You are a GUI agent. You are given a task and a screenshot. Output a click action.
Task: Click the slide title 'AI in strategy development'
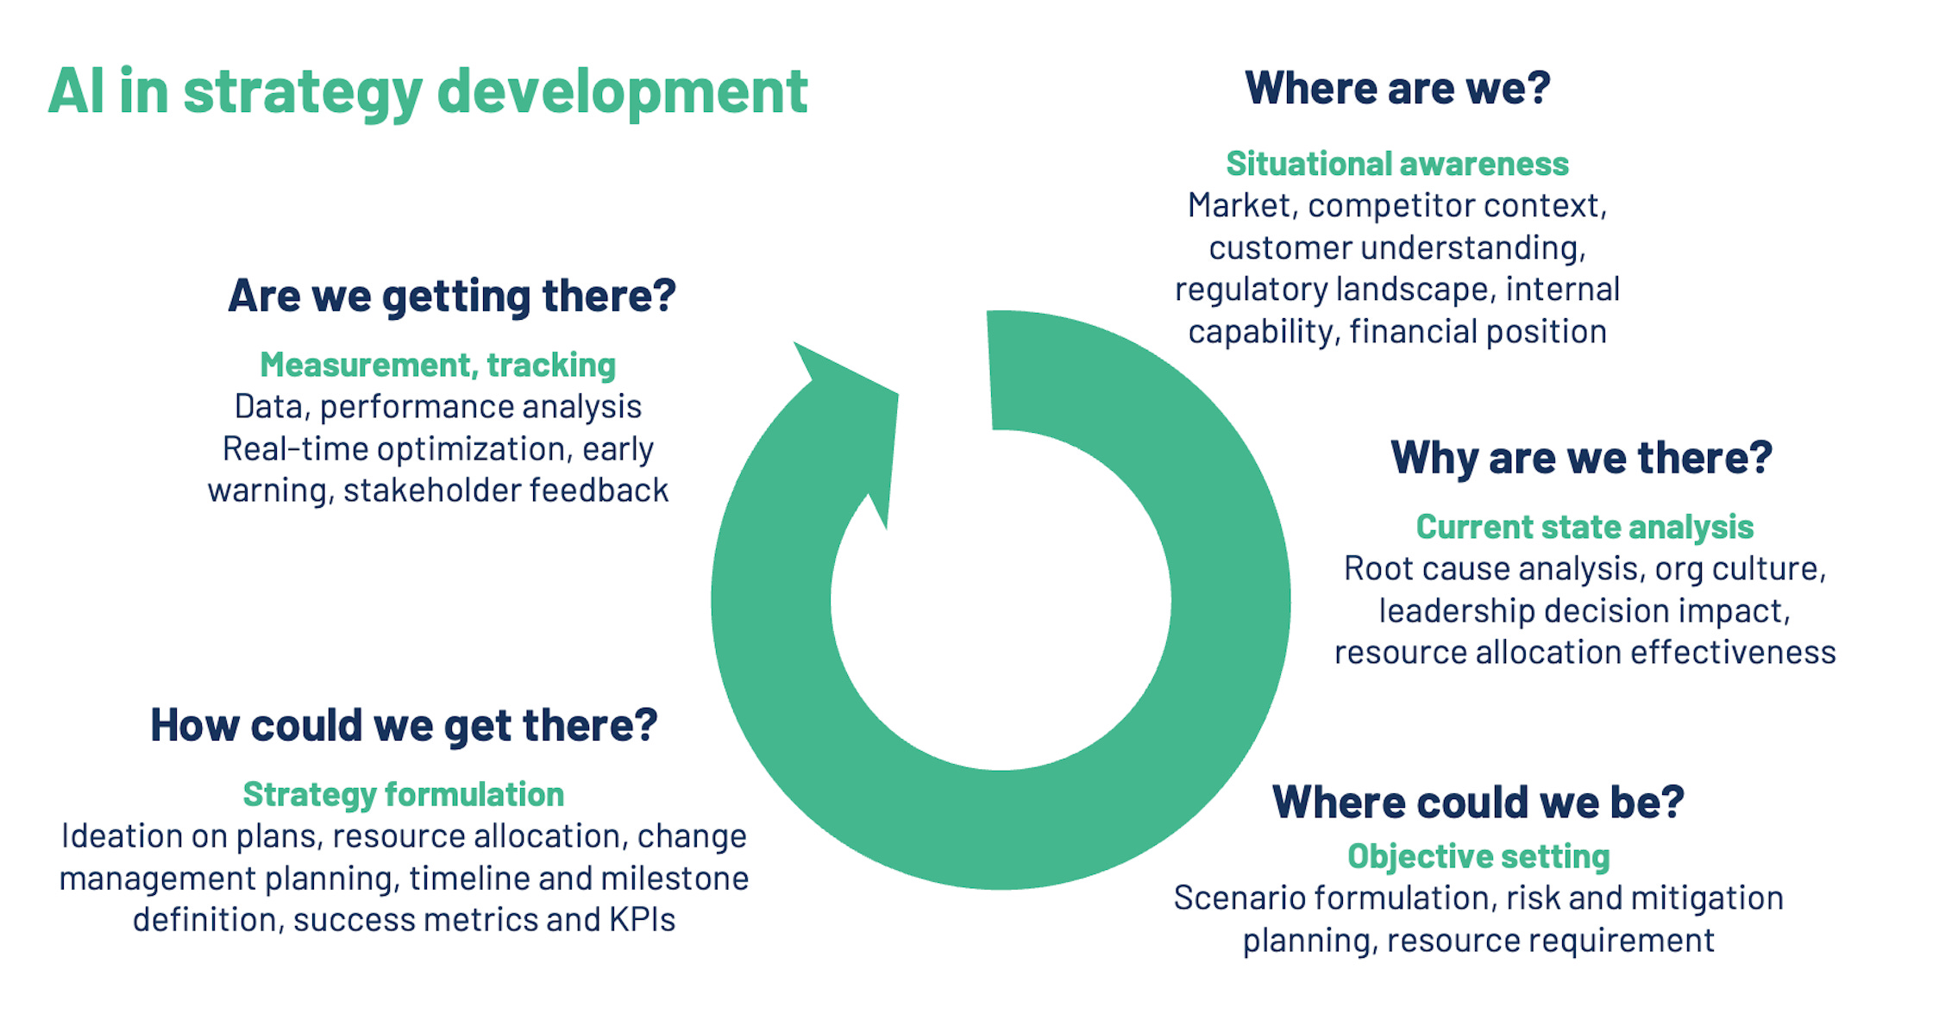point(428,91)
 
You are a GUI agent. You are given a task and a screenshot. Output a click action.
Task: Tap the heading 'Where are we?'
point(1397,88)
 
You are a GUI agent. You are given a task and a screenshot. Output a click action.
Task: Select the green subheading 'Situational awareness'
point(1397,164)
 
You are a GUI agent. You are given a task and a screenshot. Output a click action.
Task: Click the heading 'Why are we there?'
point(1581,457)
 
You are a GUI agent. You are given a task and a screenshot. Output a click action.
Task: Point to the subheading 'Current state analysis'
point(1584,527)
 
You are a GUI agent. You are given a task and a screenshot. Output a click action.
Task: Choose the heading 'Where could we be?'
point(1478,802)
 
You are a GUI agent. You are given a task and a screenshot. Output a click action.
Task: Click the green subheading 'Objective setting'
point(1478,856)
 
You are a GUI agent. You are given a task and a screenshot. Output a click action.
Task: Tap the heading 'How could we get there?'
point(404,724)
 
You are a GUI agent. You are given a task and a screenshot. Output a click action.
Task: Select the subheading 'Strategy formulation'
point(404,794)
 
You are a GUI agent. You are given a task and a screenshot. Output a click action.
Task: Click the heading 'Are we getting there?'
point(451,296)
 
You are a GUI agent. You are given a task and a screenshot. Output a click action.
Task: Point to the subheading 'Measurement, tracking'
point(438,365)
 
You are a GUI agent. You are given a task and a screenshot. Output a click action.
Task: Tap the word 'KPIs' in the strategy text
point(642,920)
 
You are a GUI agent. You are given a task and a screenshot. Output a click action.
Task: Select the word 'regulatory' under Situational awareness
point(1250,290)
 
